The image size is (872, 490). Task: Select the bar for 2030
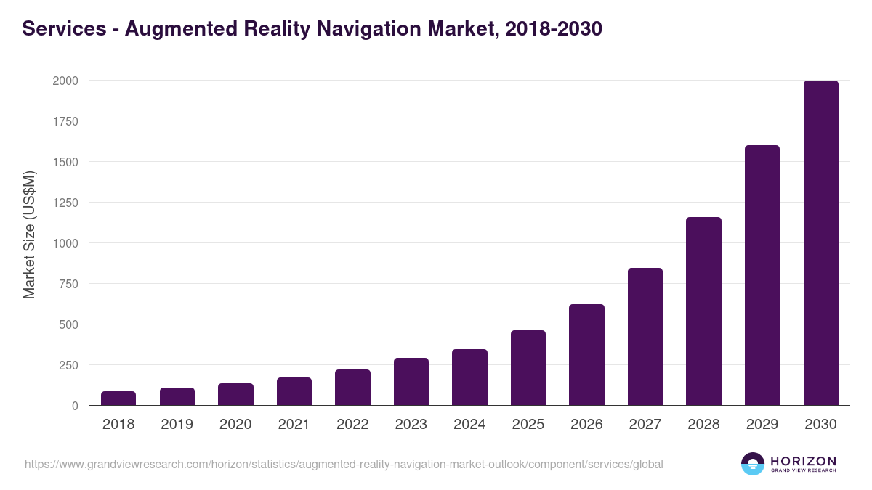[820, 243]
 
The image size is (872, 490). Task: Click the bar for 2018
[118, 399]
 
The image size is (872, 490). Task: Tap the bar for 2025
[528, 368]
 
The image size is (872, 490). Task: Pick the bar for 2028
[703, 311]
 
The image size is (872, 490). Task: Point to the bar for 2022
[352, 388]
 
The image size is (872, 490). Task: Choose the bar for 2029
[762, 276]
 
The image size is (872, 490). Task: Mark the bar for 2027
[645, 337]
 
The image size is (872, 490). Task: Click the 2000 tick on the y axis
[65, 81]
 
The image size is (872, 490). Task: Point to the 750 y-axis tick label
[68, 284]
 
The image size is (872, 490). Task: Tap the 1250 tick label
[65, 203]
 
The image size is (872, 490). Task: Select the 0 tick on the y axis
[75, 406]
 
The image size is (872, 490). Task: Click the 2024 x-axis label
[469, 425]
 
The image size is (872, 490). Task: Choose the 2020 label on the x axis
[235, 425]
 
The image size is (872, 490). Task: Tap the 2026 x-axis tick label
[586, 425]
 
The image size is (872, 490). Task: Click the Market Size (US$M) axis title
[29, 235]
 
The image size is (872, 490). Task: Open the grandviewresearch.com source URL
[344, 464]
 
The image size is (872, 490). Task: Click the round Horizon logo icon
[753, 464]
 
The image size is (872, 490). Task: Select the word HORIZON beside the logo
[803, 461]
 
